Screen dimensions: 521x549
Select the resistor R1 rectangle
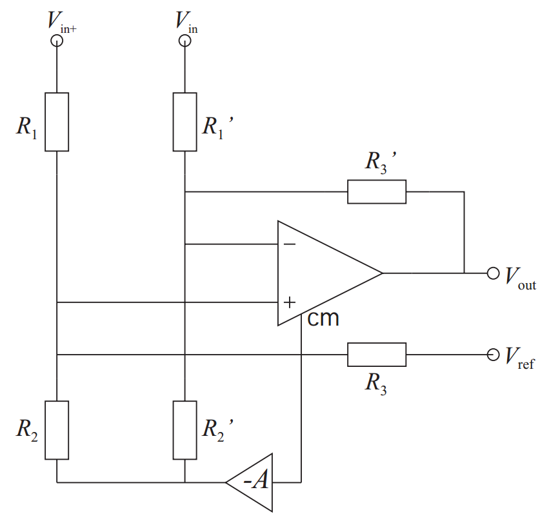tap(57, 122)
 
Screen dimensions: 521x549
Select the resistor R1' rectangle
tap(185, 122)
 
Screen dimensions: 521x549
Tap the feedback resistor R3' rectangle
tap(377, 192)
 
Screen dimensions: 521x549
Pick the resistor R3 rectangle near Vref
tap(377, 355)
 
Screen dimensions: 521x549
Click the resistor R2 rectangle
tap(57, 430)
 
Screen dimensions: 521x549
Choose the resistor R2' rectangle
tap(185, 430)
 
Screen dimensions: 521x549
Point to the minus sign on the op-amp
tap(290, 244)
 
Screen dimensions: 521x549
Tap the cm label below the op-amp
tap(323, 319)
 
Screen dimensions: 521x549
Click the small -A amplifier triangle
tap(255, 482)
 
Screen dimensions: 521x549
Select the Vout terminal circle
tap(494, 273)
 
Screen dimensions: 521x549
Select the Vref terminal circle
tap(494, 355)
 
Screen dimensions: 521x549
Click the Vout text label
tap(520, 278)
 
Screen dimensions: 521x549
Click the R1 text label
tap(26, 127)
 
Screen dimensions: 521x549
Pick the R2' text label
tap(216, 428)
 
